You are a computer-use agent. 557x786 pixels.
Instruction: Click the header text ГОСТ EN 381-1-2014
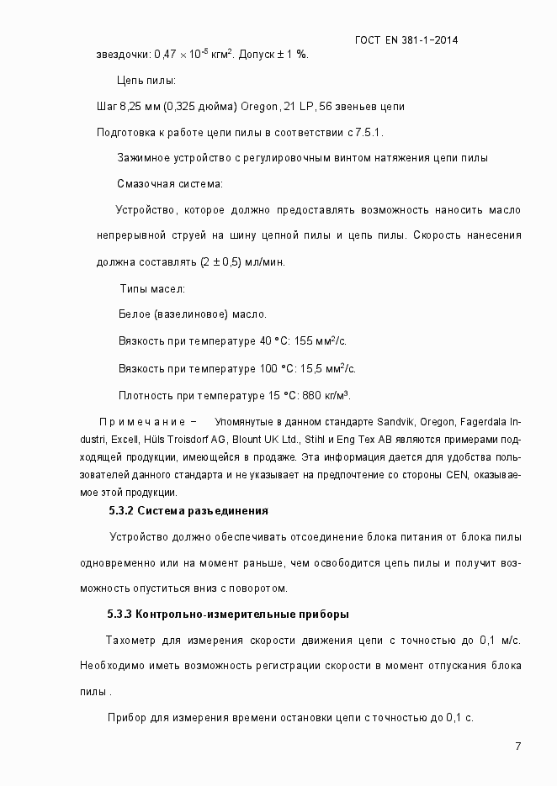point(406,40)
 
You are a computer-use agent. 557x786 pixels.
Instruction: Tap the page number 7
point(518,746)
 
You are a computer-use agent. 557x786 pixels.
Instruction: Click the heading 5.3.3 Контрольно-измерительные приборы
point(227,613)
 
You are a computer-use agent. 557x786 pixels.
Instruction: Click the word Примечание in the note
point(142,421)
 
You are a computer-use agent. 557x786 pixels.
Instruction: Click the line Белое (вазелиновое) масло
point(193,314)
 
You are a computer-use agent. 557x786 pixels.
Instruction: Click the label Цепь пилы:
point(146,81)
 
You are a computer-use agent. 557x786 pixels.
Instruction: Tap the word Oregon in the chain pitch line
point(264,107)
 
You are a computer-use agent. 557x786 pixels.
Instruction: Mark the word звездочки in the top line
point(124,55)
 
